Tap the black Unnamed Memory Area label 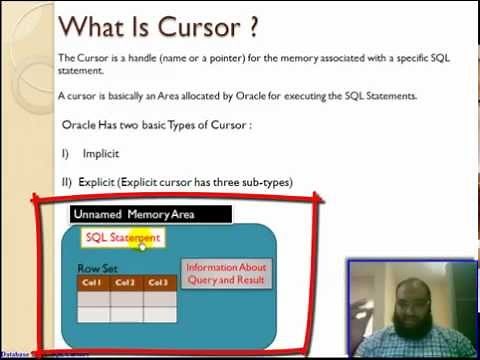pos(150,214)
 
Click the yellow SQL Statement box pos(122,238)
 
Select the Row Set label pos(98,269)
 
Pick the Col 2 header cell pos(126,283)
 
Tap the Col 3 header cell pos(159,283)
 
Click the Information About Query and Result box pos(228,273)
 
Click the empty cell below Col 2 pos(126,298)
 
